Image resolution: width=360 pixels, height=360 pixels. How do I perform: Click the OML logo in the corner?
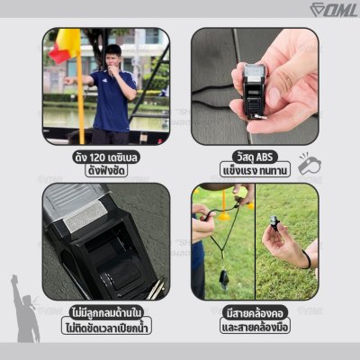coord(334,10)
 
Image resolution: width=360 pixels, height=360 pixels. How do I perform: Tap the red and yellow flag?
coord(66,45)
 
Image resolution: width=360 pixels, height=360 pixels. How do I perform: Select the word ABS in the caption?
coord(264,157)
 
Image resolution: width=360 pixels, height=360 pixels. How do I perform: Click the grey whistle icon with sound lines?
coord(310,164)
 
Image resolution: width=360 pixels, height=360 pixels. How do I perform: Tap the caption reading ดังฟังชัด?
coord(106,171)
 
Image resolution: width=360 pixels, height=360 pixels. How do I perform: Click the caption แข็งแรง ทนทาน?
coord(255,170)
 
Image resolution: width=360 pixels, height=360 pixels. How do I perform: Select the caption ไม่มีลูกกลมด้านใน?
coord(106,312)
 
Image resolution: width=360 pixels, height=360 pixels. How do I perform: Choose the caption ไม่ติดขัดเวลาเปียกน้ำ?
coord(106,327)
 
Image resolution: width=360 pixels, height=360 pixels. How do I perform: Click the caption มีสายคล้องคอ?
coord(255,313)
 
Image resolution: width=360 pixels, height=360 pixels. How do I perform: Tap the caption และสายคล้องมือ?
coord(255,327)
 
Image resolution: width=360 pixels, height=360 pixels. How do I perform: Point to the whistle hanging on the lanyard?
coord(224,278)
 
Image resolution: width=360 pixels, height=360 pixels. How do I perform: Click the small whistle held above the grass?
coord(274,222)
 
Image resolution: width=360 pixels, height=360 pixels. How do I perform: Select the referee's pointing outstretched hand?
coord(69,81)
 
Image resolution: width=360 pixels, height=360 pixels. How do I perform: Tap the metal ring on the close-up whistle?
coord(156,289)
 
